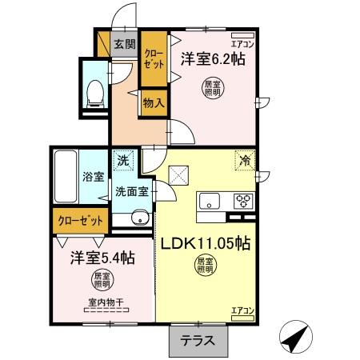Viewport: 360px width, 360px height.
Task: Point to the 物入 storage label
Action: (x=154, y=102)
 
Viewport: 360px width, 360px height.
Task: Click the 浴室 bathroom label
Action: (x=93, y=176)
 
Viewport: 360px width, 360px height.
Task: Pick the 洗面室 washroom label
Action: (x=130, y=192)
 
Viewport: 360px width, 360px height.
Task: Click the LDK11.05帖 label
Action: (x=207, y=242)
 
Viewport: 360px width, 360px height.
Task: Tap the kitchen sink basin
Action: (x=210, y=201)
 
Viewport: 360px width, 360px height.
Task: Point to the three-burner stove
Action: (x=243, y=201)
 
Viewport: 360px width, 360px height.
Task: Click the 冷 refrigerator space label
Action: (x=244, y=161)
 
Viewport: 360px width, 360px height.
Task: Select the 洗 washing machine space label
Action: (x=123, y=161)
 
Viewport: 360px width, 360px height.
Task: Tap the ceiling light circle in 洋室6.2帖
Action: (x=213, y=88)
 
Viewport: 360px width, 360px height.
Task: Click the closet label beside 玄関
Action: (x=152, y=58)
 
